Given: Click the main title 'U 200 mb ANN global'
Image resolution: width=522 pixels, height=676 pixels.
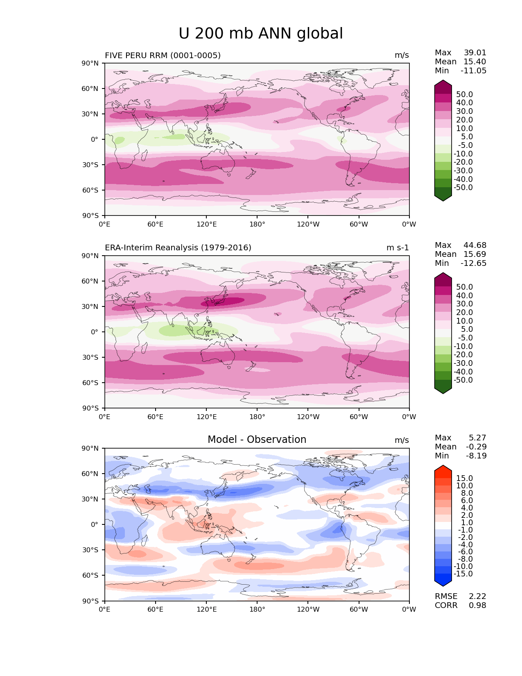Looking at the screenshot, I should (261, 34).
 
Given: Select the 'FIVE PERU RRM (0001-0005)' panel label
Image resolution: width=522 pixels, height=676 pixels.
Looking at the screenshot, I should (163, 55).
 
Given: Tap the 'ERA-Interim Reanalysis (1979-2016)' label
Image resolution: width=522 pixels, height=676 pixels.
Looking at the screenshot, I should (178, 247).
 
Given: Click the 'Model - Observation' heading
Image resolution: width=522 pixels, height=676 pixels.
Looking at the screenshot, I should (257, 440).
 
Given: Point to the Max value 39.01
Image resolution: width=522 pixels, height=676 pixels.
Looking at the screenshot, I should (475, 53).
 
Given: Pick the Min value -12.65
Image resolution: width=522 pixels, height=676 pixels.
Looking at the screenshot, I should (473, 263).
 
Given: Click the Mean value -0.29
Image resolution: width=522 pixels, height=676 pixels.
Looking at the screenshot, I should (476, 447).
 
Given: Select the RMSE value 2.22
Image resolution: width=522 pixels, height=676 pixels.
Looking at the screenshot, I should (477, 596).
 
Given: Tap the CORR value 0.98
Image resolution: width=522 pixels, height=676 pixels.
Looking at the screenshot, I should (477, 605).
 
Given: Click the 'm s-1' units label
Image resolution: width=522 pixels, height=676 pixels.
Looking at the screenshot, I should (398, 247).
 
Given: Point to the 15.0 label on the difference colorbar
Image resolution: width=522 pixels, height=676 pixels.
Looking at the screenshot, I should (465, 478).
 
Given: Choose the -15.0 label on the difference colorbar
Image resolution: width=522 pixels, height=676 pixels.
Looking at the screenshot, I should (463, 574).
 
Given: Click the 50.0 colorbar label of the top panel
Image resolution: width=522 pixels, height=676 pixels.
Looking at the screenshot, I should (465, 94).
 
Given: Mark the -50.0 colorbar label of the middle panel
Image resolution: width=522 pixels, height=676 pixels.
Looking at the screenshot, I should (463, 380).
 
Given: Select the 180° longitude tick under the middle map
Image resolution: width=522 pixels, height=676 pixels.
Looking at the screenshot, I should (257, 417).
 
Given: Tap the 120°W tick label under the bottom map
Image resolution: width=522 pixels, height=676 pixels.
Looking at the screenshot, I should (308, 609).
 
